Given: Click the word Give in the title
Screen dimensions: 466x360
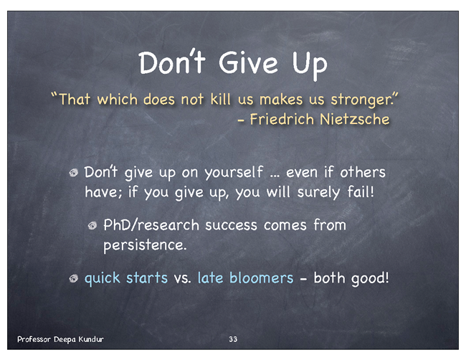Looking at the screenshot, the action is tap(248, 63).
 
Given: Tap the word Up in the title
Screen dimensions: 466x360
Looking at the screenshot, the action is tap(310, 65).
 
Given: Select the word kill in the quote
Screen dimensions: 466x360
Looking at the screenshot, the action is tap(220, 99).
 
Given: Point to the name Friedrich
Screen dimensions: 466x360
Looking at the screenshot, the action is tap(282, 119).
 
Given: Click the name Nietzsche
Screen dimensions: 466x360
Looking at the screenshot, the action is tap(355, 119).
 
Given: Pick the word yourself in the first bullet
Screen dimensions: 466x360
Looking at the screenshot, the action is tap(234, 173).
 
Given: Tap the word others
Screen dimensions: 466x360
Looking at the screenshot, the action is tap(363, 172).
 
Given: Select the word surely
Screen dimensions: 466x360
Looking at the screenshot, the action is tap(318, 193).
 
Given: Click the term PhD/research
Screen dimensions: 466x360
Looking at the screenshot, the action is tap(151, 224).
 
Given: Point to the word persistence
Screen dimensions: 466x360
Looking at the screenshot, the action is tap(145, 245).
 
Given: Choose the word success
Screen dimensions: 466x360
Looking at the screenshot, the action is tap(231, 225).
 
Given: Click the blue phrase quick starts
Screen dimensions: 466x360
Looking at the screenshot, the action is tap(126, 278).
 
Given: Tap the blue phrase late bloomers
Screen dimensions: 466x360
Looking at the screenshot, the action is tap(245, 278).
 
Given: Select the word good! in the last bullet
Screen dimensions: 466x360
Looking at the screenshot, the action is tap(370, 279).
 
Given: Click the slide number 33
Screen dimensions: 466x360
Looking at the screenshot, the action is tap(233, 339).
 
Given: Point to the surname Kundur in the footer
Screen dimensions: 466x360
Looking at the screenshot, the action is tap(91, 339).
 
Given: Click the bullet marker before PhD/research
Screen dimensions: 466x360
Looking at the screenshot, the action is tap(92, 226).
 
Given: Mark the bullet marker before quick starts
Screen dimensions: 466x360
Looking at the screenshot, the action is tap(73, 278).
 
